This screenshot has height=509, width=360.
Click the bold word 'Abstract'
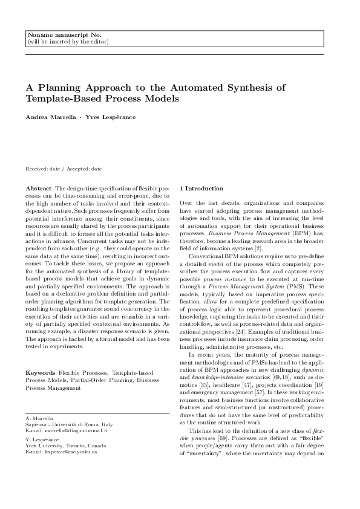point(38,189)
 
